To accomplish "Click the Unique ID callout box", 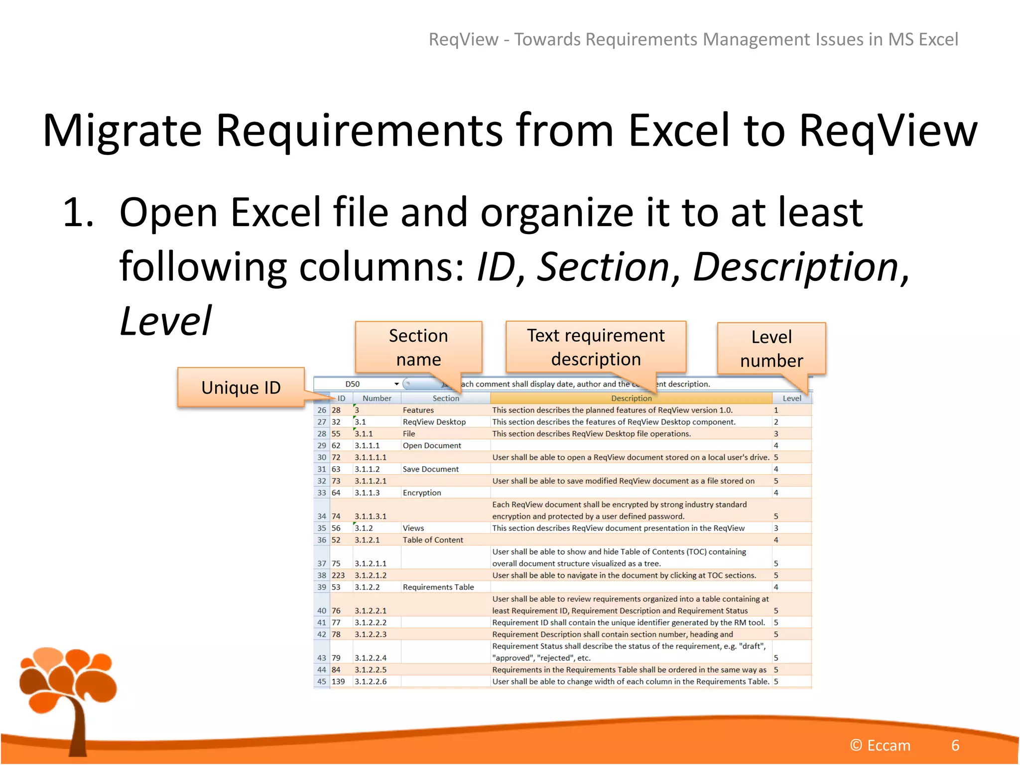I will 241,387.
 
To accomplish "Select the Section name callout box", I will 418,347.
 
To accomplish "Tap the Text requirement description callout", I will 596,347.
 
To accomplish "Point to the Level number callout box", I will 771,348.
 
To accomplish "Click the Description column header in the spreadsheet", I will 631,398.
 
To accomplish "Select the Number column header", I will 377,398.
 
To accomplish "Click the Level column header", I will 791,398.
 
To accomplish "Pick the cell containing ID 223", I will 339,575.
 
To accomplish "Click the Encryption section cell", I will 422,493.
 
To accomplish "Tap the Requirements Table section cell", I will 438,587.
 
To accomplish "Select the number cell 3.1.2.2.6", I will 371,681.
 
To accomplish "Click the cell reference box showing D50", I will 353,384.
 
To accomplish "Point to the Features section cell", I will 418,410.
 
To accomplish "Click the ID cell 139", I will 339,681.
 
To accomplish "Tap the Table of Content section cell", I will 433,540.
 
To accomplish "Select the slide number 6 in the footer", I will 955,745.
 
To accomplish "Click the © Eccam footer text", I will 880,745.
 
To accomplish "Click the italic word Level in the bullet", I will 166,321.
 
